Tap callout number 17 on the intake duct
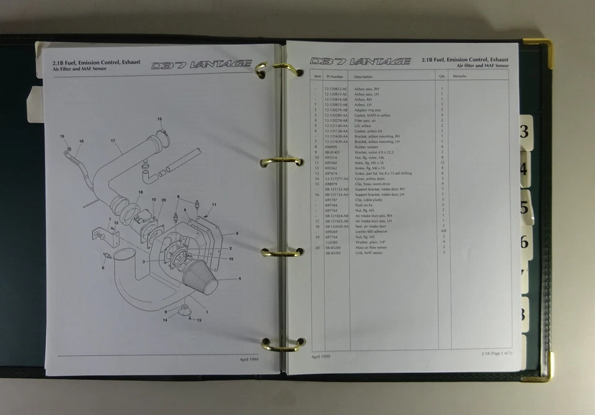coord(113,141)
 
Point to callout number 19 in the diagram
coord(62,136)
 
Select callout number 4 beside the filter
coord(239,279)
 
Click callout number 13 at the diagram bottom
coord(199,320)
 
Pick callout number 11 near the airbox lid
coord(214,204)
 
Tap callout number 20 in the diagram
coord(164,200)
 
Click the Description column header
coord(364,76)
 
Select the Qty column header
coord(442,76)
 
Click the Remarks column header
coord(459,76)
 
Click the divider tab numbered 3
coord(524,131)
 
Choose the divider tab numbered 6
coord(524,242)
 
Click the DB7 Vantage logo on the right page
coord(360,61)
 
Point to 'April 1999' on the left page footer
coord(249,359)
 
